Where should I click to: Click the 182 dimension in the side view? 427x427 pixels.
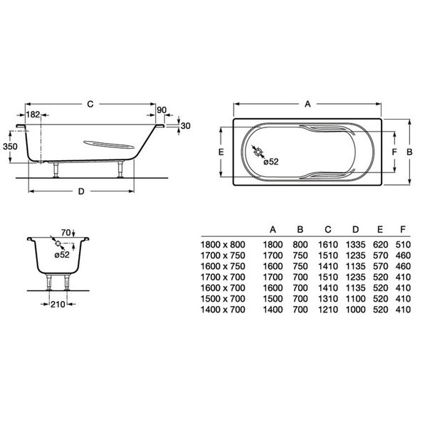tap(33, 115)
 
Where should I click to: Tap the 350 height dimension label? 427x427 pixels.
tap(10, 147)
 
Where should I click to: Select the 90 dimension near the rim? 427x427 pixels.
tap(162, 110)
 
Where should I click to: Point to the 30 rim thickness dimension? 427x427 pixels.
tap(186, 126)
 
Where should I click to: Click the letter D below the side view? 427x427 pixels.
tap(81, 191)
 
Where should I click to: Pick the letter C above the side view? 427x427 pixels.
tap(90, 104)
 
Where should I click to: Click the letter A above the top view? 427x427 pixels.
tap(307, 104)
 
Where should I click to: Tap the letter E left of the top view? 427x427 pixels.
tap(221, 152)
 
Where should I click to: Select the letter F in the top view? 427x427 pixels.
tap(394, 152)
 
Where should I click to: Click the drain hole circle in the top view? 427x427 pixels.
tap(258, 152)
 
